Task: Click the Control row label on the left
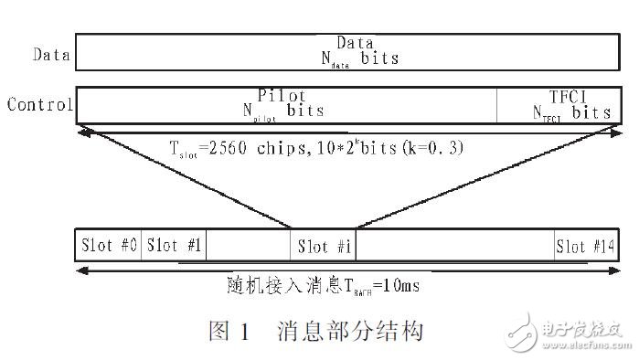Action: click(x=39, y=104)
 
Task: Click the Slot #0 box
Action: click(x=110, y=246)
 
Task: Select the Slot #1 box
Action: click(x=175, y=246)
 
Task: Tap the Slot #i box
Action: click(x=325, y=246)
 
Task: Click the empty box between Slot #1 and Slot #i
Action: click(x=249, y=246)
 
